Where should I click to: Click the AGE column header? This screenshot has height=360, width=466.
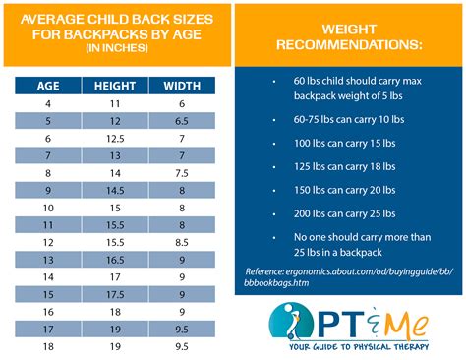pyautogui.click(x=47, y=86)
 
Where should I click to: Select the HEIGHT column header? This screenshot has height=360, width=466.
pyautogui.click(x=115, y=86)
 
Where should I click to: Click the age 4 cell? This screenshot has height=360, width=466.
pyautogui.click(x=47, y=102)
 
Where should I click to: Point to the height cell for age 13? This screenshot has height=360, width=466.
pyautogui.click(x=115, y=259)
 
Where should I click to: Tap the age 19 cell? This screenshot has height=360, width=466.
pyautogui.click(x=47, y=347)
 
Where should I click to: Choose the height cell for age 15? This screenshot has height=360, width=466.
pyautogui.click(x=115, y=294)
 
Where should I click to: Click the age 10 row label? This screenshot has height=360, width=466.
pyautogui.click(x=47, y=208)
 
